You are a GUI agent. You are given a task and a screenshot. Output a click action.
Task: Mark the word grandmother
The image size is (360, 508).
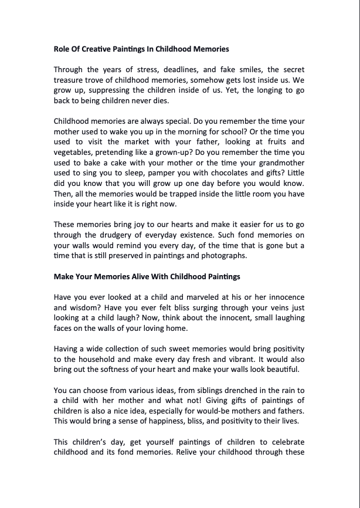click(x=277, y=172)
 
